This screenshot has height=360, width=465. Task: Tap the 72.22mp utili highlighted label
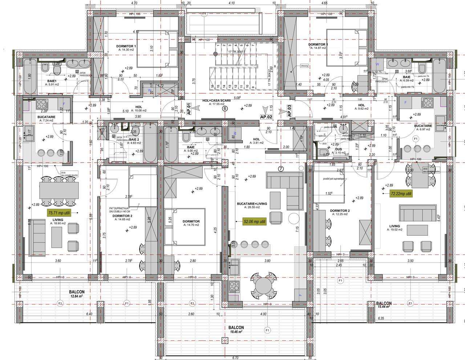click(401, 194)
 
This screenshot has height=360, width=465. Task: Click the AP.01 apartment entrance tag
click(189, 109)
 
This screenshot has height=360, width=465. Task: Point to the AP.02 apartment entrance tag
click(266, 117)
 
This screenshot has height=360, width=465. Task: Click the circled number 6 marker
click(225, 109)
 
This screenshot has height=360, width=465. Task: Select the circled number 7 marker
click(280, 168)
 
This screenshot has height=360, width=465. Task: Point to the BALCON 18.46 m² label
click(236, 329)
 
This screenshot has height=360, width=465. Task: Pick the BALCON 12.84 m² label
click(77, 294)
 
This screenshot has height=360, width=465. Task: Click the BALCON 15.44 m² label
click(384, 304)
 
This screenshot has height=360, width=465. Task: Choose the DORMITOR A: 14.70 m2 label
click(191, 223)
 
